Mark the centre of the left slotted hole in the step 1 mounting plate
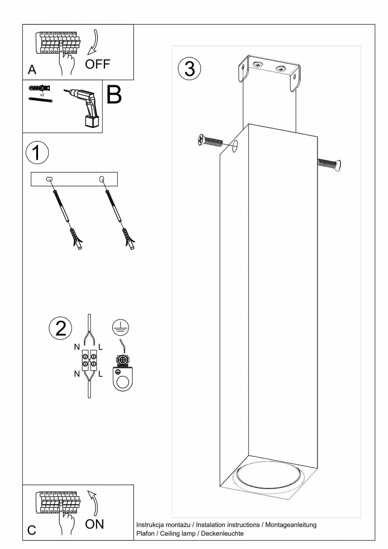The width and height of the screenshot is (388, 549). click(x=49, y=179)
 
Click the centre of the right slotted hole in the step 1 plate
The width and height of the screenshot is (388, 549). click(x=102, y=179)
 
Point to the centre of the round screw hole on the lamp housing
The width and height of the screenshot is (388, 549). click(x=235, y=146)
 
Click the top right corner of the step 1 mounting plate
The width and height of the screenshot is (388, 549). click(x=117, y=172)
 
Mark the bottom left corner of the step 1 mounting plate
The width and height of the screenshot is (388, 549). click(x=31, y=186)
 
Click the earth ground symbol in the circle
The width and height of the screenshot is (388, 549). click(x=120, y=327)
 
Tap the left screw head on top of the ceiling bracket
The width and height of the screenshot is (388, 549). click(x=258, y=65)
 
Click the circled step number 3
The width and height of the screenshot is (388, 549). click(x=189, y=69)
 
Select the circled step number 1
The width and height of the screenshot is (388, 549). click(x=37, y=153)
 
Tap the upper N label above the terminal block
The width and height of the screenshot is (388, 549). click(x=77, y=347)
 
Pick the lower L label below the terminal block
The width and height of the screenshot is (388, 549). click(x=101, y=374)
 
